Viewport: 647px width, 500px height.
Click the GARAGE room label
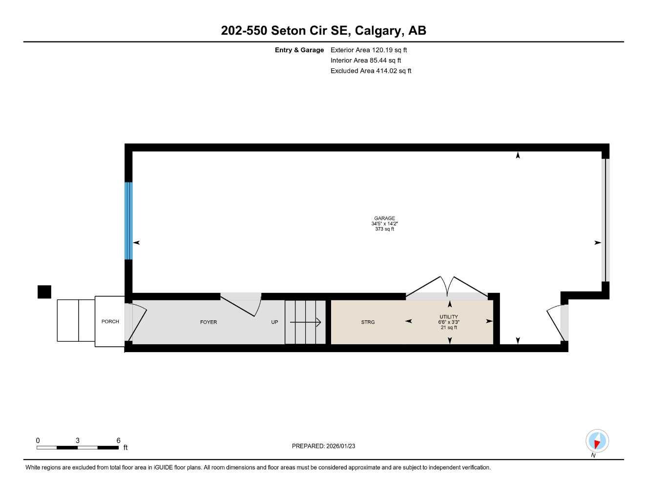(384, 219)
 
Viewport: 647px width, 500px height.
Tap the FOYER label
(209, 322)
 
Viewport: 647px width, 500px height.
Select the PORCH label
(110, 322)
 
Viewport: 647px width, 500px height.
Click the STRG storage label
(368, 322)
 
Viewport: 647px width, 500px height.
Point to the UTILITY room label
(448, 317)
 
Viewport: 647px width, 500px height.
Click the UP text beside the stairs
(274, 322)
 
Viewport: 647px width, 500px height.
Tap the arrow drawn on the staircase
(305, 322)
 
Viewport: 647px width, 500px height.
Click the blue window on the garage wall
(128, 220)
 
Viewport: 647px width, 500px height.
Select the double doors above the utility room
(447, 287)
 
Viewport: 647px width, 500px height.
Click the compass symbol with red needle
(597, 441)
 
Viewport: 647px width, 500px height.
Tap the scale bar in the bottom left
(78, 447)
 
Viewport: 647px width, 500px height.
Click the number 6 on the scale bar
(118, 440)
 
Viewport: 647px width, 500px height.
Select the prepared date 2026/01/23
(323, 446)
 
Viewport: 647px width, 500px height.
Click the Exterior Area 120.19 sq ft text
(369, 50)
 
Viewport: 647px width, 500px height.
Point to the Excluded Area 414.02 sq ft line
(371, 71)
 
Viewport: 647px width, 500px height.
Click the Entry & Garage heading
(299, 50)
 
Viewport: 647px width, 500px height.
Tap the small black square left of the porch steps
(44, 292)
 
